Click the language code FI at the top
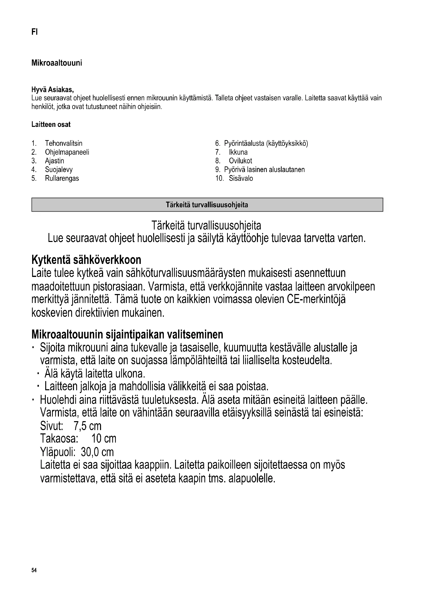click(x=34, y=32)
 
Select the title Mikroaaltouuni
click(x=57, y=63)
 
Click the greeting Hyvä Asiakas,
click(x=53, y=90)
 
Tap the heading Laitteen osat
click(x=51, y=125)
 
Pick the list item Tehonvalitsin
click(x=64, y=143)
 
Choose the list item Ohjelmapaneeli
click(x=67, y=152)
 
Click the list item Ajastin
click(x=55, y=161)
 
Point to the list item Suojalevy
click(x=59, y=169)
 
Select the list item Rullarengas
click(x=62, y=178)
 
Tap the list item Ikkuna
click(x=238, y=152)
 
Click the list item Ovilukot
click(x=240, y=161)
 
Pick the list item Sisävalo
click(x=241, y=178)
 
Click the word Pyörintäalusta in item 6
click(x=244, y=143)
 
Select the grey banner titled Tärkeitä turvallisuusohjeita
click(x=207, y=205)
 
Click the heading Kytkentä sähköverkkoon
click(x=86, y=260)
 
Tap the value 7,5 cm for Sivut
click(x=88, y=426)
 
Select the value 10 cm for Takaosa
click(x=104, y=439)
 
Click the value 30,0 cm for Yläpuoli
click(x=97, y=452)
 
